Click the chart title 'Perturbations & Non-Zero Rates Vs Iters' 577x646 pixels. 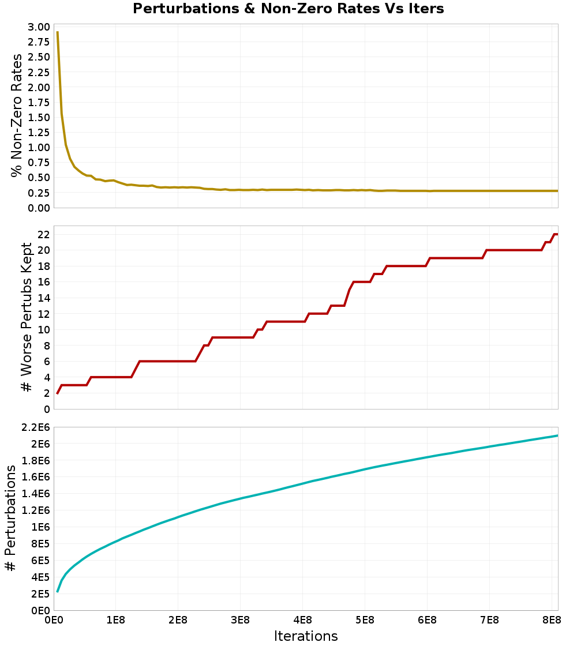pyautogui.click(x=288, y=9)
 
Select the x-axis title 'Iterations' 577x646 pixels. pyautogui.click(x=306, y=636)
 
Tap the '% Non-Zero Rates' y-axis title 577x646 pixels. pyautogui.click(x=17, y=115)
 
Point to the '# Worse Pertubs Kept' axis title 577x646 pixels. pyautogui.click(x=27, y=317)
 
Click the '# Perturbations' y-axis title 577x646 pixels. pyautogui.click(x=10, y=518)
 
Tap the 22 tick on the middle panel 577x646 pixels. pyautogui.click(x=43, y=234)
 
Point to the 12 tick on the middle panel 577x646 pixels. pyautogui.click(x=43, y=314)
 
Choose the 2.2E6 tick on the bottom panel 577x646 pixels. pyautogui.click(x=35, y=427)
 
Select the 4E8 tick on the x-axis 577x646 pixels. pyautogui.click(x=302, y=620)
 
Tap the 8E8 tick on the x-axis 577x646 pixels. pyautogui.click(x=552, y=620)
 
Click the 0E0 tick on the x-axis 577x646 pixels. pyautogui.click(x=54, y=620)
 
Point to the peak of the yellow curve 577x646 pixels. pyautogui.click(x=57, y=32)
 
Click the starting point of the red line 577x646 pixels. pyautogui.click(x=57, y=393)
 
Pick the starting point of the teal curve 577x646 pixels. pyautogui.click(x=57, y=592)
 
